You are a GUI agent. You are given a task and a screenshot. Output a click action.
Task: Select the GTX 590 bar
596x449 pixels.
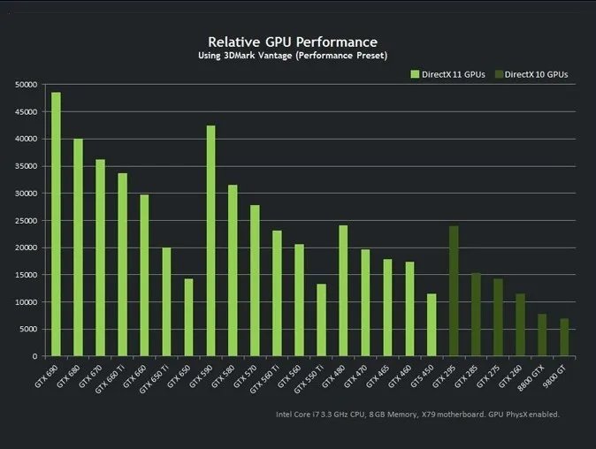tap(210, 240)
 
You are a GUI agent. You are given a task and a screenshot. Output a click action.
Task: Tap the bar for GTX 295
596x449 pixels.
tap(454, 291)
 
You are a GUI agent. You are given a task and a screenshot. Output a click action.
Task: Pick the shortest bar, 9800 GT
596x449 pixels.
tap(564, 338)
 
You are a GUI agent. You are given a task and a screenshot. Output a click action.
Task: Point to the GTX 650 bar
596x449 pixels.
tap(188, 317)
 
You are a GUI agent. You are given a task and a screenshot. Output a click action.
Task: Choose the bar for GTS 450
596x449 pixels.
tap(432, 325)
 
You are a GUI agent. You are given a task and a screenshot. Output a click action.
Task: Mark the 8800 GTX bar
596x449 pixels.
tap(542, 335)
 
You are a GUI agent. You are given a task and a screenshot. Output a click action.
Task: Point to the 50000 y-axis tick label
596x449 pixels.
tap(26, 85)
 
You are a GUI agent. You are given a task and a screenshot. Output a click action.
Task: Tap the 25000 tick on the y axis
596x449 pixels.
tap(26, 220)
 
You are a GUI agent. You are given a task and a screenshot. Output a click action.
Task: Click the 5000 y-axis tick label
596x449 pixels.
tap(28, 329)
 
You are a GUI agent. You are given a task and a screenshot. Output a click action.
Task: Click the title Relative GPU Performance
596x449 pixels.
tap(292, 42)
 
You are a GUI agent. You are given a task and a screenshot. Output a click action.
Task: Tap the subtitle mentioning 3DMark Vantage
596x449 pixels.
tap(292, 56)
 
